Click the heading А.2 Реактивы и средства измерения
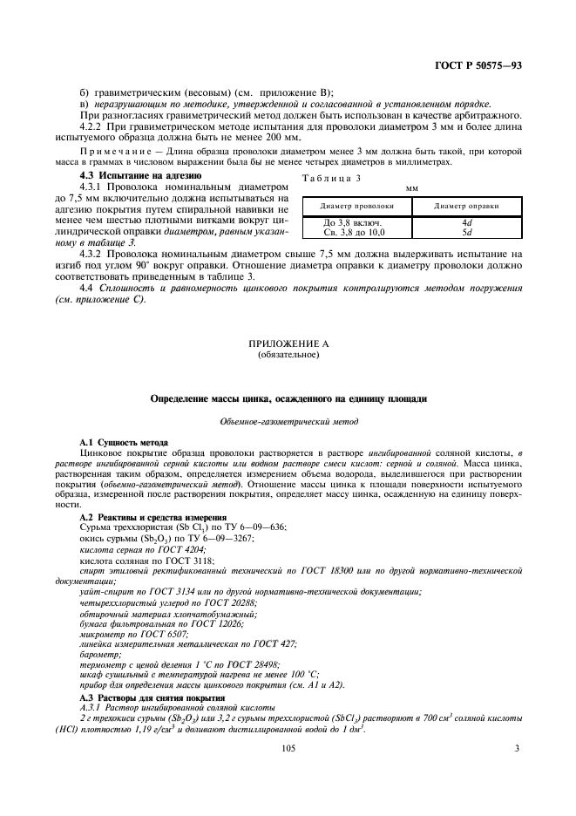click(152, 518)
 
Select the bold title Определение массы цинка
click(288, 398)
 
